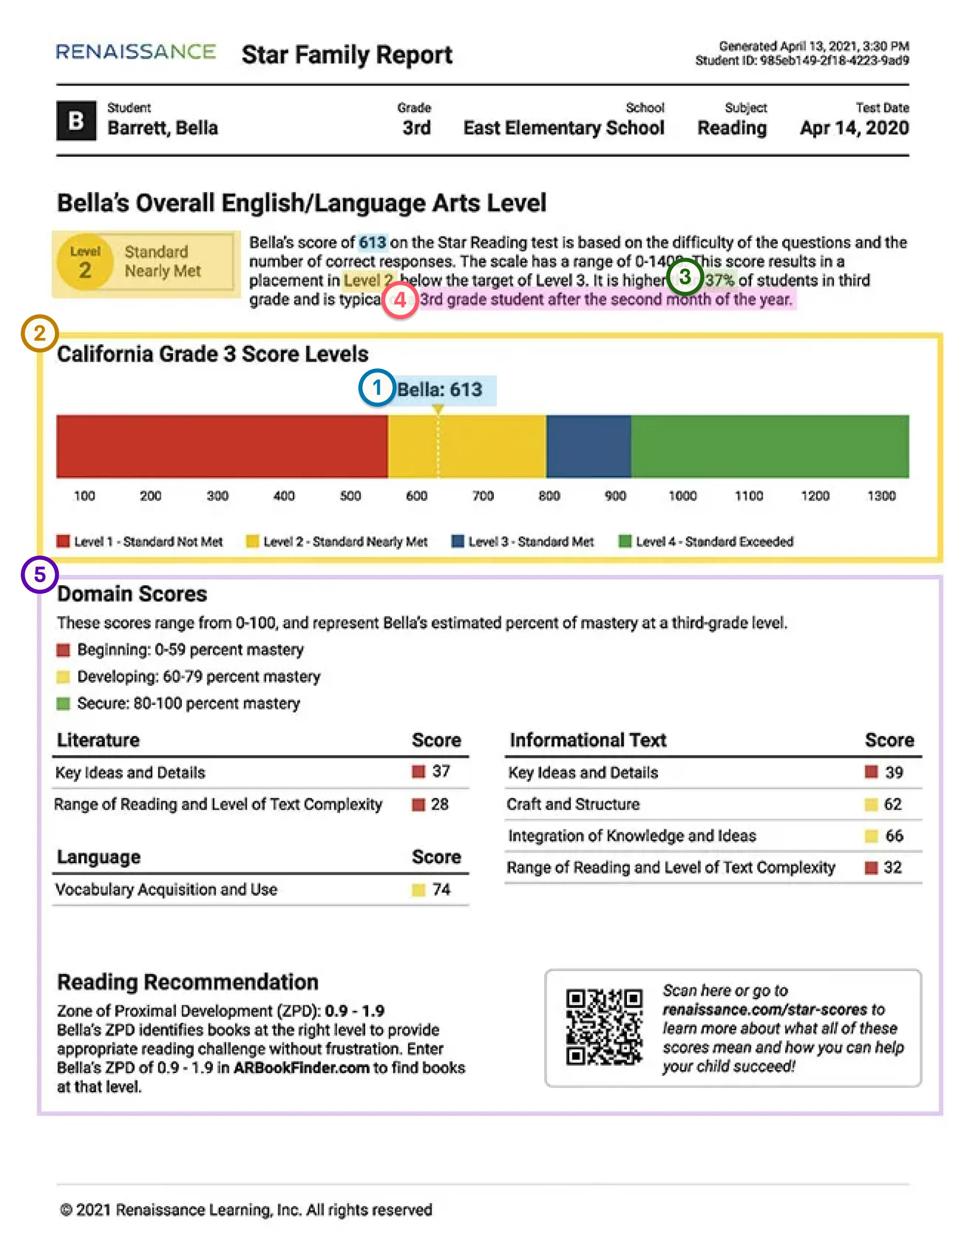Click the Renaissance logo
(135, 52)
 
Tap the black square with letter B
(76, 120)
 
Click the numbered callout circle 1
(377, 388)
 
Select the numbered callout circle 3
(685, 277)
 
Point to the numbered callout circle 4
(400, 300)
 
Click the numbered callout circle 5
(40, 575)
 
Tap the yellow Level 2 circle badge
(85, 262)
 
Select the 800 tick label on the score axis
(549, 496)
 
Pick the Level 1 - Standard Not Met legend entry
(140, 542)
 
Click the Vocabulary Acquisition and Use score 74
(441, 889)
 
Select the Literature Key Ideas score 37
(441, 771)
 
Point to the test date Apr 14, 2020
(854, 128)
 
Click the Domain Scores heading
(132, 593)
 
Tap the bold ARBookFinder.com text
(301, 1068)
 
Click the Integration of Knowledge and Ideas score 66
(893, 836)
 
